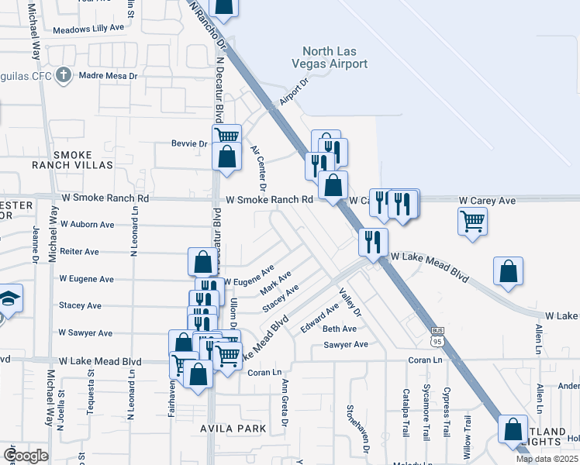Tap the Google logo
[x=26, y=455]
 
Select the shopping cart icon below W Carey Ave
[x=473, y=222]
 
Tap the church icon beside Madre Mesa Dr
[x=64, y=76]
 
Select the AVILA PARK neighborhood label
[x=233, y=428]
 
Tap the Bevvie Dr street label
[x=190, y=143]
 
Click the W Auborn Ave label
[x=87, y=224]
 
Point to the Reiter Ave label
[x=80, y=252]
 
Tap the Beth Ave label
[x=340, y=329]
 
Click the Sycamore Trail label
[x=425, y=412]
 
